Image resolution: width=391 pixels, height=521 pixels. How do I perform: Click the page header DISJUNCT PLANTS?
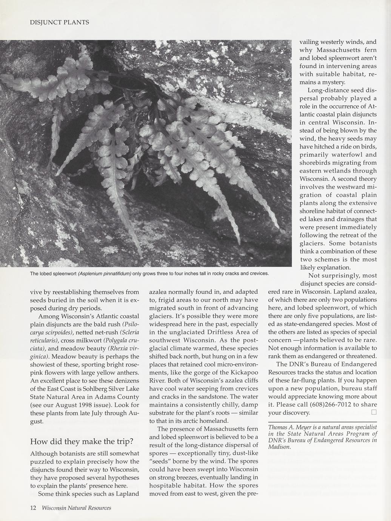tap(60, 23)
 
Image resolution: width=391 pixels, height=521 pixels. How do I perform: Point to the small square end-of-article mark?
tap(374, 412)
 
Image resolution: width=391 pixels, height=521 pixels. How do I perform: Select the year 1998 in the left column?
tap(82, 405)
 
